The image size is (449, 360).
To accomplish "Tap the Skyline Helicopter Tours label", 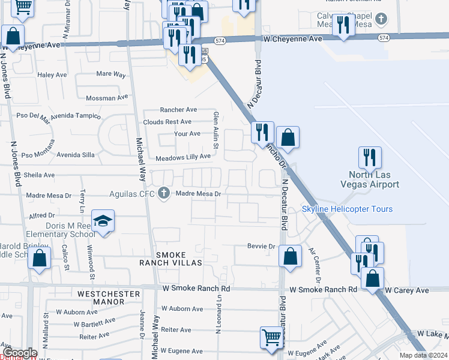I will tap(347, 209).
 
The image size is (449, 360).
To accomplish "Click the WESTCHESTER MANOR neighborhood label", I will tap(109, 298).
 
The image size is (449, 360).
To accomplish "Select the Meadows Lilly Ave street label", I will tap(183, 157).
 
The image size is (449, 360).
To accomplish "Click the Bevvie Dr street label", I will tap(261, 246).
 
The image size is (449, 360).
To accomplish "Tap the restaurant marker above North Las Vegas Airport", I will tap(370, 158).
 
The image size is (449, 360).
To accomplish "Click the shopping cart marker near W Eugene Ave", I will tap(271, 337).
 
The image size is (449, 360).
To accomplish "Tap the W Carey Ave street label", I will tap(407, 290).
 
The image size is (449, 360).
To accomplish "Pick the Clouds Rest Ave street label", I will tap(167, 122).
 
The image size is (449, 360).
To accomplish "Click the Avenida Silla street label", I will tap(76, 155).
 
